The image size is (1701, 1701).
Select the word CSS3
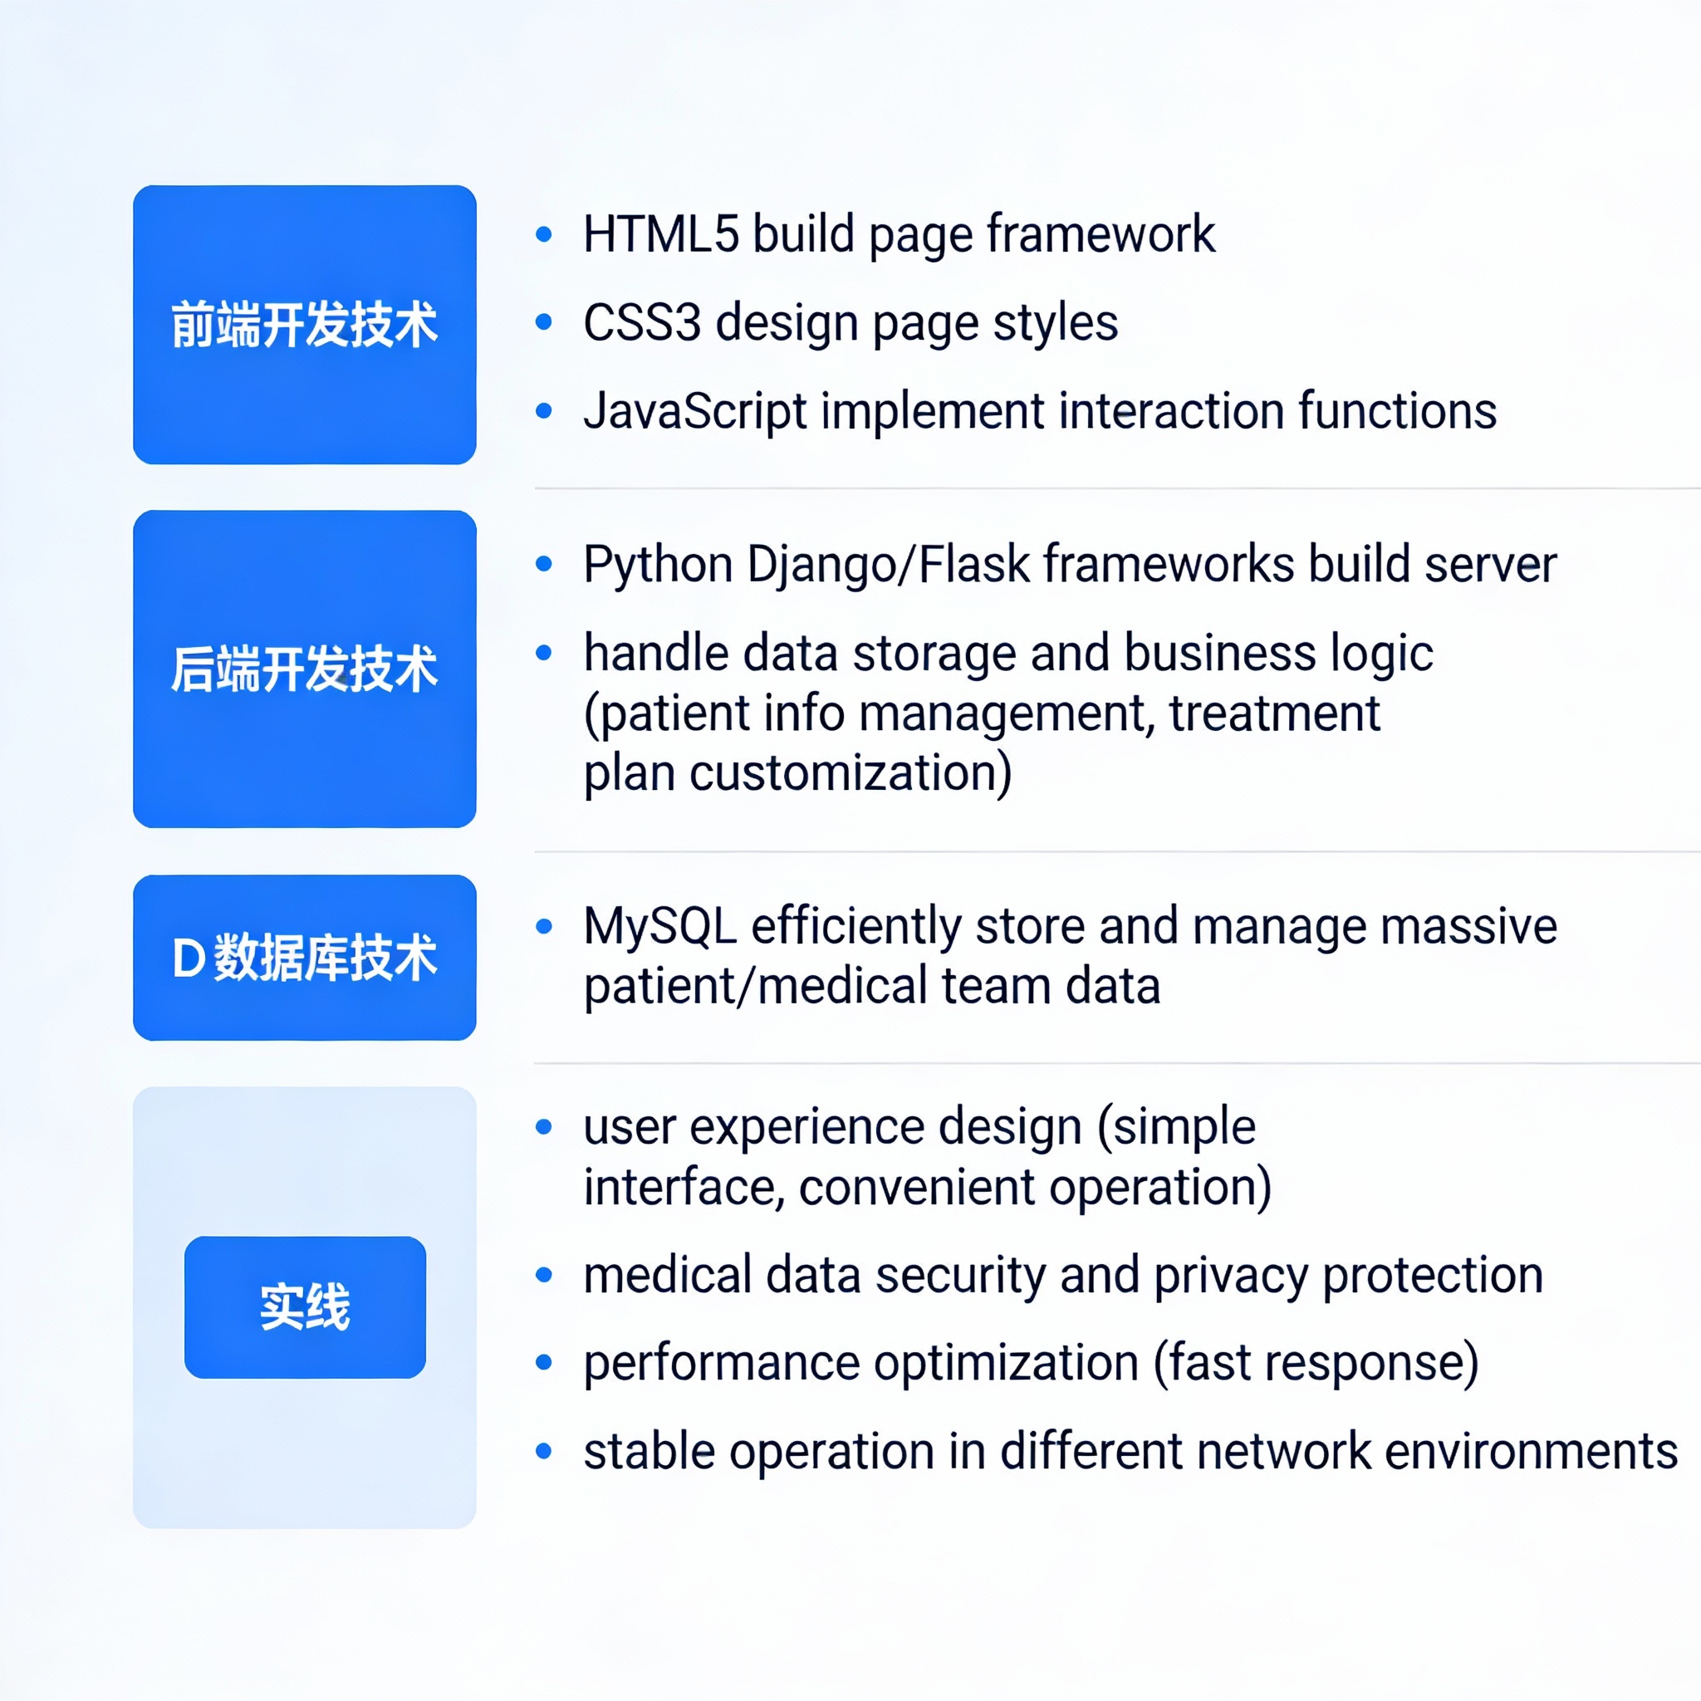tap(642, 322)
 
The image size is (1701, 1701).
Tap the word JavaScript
tap(695, 412)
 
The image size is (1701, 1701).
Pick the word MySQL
tap(660, 927)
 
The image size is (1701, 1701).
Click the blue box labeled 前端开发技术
tap(305, 325)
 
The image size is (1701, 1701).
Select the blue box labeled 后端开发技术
tap(305, 669)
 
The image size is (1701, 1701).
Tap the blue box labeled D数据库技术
tap(305, 958)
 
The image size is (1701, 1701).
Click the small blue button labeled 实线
tap(305, 1307)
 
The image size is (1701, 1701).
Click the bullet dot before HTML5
tap(544, 234)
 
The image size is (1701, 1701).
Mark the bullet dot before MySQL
tap(544, 926)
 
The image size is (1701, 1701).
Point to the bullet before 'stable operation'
tap(544, 1451)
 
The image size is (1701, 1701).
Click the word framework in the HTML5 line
tap(1101, 234)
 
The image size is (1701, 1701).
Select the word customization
tap(851, 773)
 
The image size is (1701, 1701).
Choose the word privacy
tap(1231, 1277)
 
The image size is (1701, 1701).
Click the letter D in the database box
tap(189, 958)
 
